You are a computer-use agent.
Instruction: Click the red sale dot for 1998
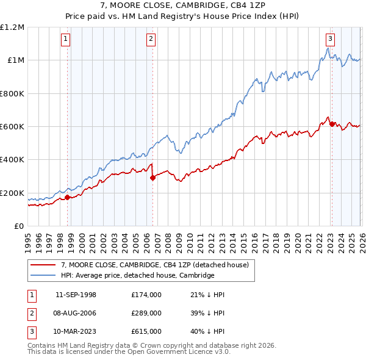(67, 197)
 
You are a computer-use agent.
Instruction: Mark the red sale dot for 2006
(152, 178)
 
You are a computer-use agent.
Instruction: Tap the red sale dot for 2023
(332, 124)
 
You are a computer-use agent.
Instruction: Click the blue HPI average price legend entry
(137, 276)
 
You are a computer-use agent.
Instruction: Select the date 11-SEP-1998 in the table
(76, 295)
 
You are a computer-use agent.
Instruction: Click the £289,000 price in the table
(146, 313)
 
